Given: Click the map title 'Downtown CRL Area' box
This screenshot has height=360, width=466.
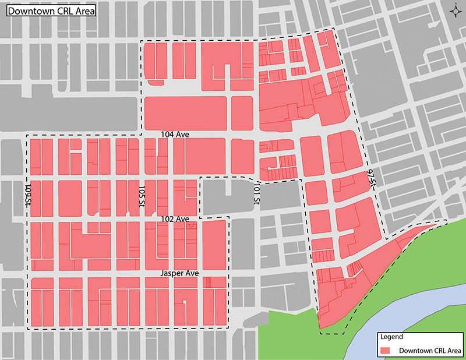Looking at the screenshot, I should (x=50, y=10).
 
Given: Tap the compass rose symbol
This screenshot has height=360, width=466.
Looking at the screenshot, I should (x=454, y=11).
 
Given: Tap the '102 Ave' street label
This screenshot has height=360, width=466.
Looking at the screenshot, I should (x=175, y=219).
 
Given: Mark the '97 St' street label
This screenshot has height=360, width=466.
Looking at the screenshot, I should (x=370, y=178).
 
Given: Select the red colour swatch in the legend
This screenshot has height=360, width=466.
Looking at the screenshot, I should (x=385, y=351).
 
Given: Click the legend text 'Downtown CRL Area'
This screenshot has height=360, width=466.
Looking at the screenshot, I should (x=430, y=351).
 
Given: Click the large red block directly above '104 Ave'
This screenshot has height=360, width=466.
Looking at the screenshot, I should (x=185, y=113).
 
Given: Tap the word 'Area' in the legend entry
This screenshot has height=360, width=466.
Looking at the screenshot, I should (x=453, y=351).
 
